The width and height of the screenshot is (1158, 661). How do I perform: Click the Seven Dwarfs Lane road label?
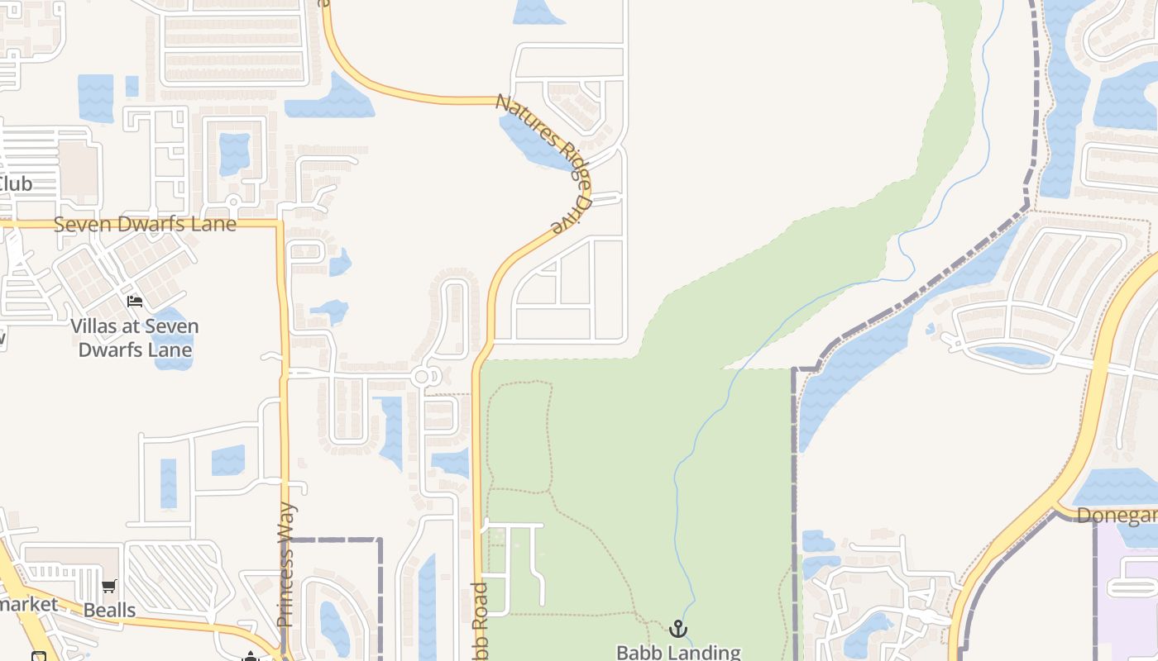[x=145, y=224]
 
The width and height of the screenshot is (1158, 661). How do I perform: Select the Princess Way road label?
[x=285, y=564]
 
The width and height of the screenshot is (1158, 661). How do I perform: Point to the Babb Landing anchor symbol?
[x=678, y=630]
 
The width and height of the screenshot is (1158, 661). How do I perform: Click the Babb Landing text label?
[x=678, y=652]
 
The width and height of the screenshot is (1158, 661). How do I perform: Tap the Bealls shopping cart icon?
[x=108, y=587]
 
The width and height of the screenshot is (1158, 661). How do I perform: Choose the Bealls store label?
[x=109, y=610]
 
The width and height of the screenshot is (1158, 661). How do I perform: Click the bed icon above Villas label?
[x=135, y=301]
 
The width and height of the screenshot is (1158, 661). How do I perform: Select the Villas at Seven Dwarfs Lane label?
[x=135, y=338]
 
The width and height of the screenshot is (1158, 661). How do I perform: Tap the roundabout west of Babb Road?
[x=422, y=377]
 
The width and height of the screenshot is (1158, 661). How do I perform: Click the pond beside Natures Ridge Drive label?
[x=529, y=140]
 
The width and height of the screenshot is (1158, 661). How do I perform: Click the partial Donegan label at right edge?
[x=1117, y=516]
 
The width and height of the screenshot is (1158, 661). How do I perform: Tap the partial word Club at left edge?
[x=17, y=183]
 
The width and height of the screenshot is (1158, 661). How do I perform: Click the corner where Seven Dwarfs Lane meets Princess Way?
[x=281, y=224]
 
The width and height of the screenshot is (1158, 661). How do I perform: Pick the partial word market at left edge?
[x=29, y=604]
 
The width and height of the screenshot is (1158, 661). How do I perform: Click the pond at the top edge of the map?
[x=538, y=12]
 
